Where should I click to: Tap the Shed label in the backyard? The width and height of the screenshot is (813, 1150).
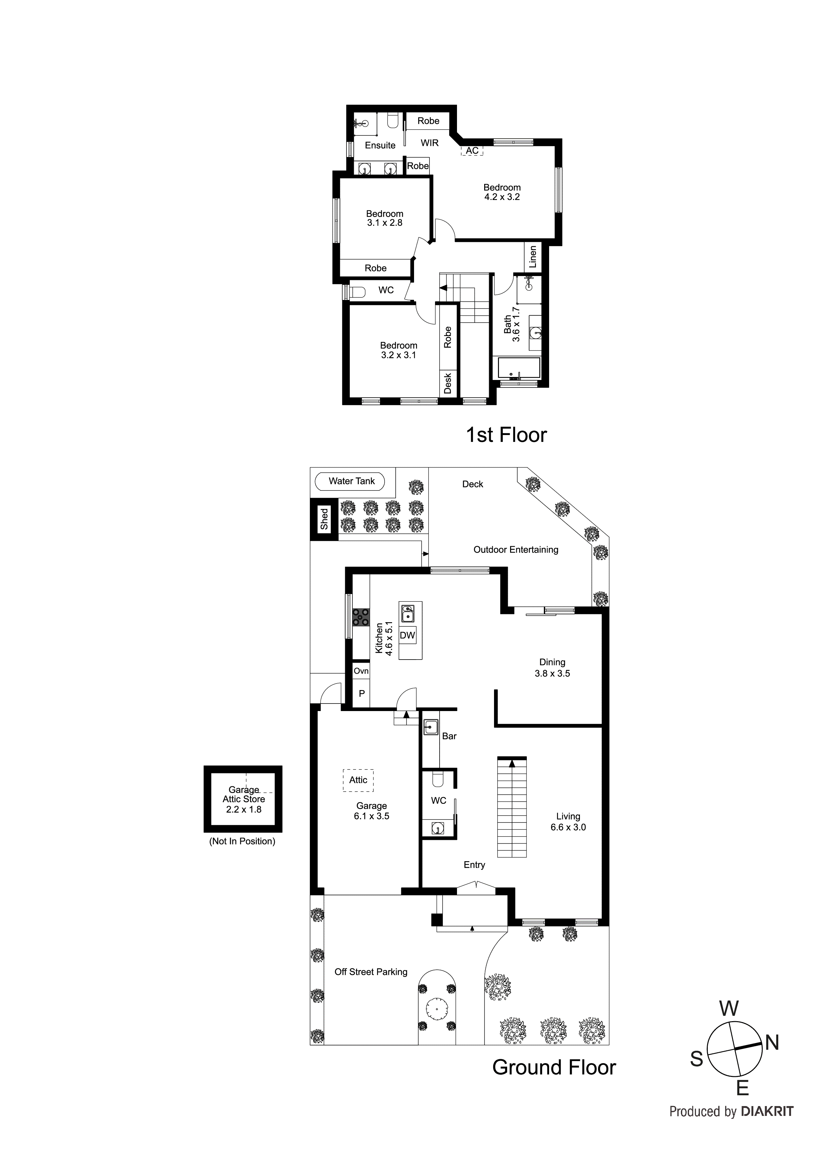324,519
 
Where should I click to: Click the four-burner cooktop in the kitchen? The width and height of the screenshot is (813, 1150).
361,617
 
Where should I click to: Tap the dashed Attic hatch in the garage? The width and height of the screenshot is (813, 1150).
358,780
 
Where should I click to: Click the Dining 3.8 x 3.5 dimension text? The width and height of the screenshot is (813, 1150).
552,674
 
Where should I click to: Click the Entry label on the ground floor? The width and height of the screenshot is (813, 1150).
474,865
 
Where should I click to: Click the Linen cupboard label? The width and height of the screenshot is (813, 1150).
533,256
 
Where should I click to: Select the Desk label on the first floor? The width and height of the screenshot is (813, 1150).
448,383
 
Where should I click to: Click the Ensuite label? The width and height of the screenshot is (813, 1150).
380,145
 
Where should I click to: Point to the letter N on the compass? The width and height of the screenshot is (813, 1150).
772,1043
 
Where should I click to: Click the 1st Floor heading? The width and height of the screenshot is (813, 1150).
506,435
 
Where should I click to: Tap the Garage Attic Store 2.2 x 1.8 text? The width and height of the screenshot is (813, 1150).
244,799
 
